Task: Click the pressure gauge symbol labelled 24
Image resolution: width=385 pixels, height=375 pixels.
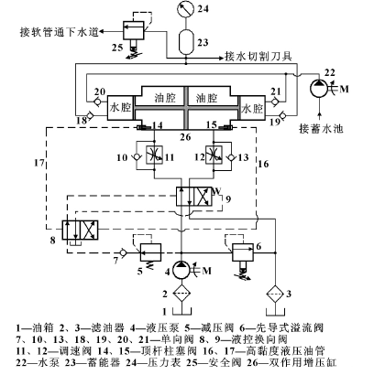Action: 186,8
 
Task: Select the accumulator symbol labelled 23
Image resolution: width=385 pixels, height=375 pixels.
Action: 186,42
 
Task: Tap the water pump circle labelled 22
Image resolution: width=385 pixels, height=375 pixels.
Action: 319,89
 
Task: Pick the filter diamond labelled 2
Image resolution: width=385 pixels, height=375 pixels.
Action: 181,294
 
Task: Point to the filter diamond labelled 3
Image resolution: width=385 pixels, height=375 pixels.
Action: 275,294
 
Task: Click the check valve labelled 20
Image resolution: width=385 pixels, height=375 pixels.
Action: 98,102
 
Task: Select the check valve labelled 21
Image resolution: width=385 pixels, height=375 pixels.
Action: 275,102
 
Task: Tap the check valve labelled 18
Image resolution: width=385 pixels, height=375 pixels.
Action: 91,116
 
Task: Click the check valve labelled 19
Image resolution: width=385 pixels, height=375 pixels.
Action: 282,116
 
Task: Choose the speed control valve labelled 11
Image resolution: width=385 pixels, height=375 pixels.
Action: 154,155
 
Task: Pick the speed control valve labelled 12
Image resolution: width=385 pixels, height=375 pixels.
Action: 214,155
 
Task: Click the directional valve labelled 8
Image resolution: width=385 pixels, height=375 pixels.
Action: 80,230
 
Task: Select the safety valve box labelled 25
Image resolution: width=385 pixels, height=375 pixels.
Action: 134,30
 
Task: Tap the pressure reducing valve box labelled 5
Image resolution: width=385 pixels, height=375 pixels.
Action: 150,252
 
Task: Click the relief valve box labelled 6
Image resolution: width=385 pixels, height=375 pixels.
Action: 243,252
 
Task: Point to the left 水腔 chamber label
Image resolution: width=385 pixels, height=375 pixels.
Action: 120,108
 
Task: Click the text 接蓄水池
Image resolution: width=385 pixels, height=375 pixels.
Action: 321,129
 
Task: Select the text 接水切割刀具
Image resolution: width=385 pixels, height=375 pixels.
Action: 258,56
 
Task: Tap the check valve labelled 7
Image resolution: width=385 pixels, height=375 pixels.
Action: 123,252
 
